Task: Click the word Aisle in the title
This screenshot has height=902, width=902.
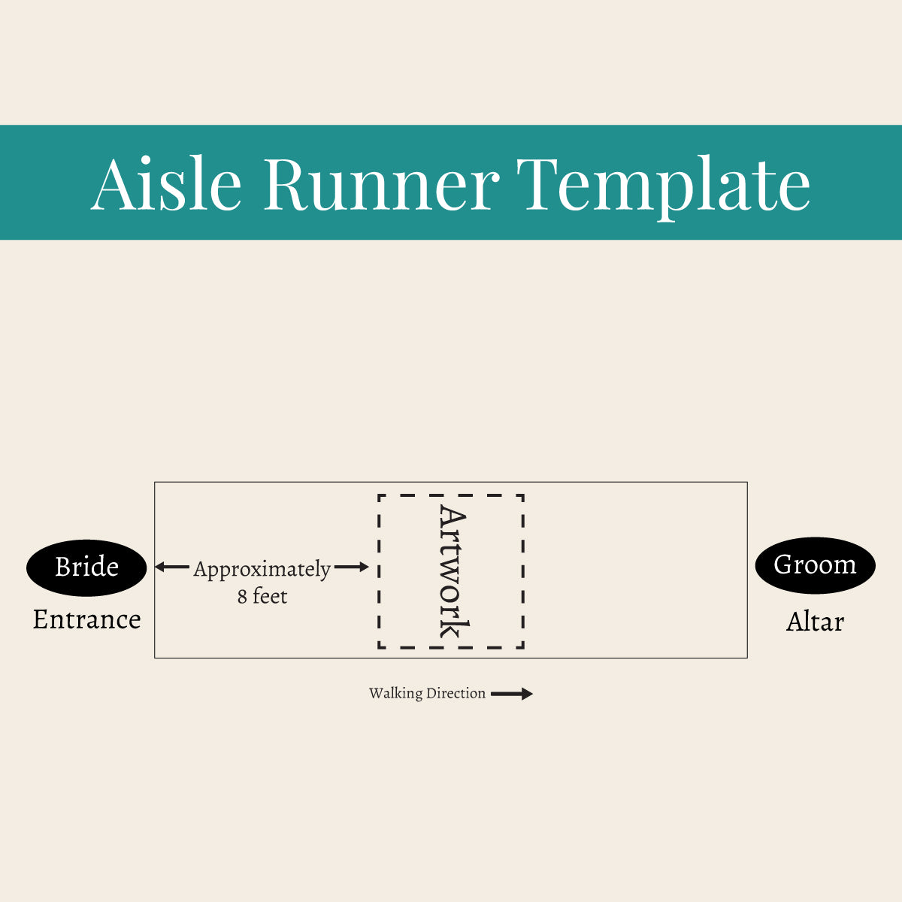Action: (x=166, y=183)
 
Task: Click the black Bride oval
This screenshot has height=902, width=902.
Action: (x=86, y=568)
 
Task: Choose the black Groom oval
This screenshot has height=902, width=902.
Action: (x=815, y=565)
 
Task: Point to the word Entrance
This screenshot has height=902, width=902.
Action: (x=86, y=619)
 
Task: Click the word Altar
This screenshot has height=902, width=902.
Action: (x=815, y=622)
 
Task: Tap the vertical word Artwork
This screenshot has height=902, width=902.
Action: (x=453, y=572)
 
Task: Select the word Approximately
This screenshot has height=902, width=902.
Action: (x=262, y=569)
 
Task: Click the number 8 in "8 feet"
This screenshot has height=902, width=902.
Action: (x=242, y=597)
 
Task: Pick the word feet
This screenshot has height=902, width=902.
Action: (x=270, y=596)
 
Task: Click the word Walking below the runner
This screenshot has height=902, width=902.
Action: (x=395, y=694)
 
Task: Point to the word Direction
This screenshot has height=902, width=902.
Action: (x=456, y=694)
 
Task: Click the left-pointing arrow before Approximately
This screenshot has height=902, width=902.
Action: (x=172, y=567)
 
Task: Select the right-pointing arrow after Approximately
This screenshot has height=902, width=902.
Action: (x=352, y=567)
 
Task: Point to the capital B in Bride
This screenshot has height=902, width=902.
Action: (x=62, y=567)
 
